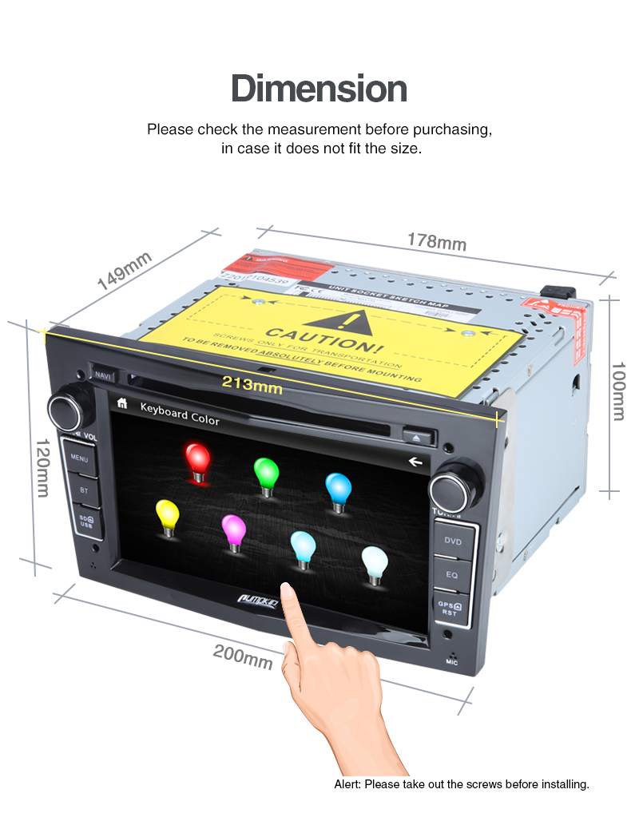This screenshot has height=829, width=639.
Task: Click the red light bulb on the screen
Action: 197,461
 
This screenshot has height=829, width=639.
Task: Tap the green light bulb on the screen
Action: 265,475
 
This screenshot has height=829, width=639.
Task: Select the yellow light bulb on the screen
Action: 167,517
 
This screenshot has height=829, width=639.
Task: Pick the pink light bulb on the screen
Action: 233,531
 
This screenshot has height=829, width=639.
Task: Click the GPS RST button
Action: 449,609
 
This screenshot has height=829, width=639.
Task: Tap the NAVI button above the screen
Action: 103,375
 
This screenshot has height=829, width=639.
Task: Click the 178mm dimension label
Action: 436,240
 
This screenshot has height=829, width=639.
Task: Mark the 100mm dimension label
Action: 618,391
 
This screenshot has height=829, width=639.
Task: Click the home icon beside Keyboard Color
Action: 121,403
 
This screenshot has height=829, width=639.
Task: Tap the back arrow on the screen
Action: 414,461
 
